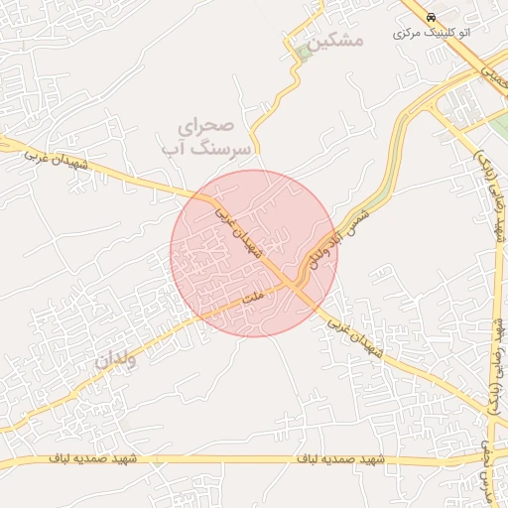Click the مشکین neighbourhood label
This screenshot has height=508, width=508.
(336, 41)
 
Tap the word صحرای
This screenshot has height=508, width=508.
(204, 128)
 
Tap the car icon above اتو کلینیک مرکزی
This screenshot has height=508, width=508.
(432, 18)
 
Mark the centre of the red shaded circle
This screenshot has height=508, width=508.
(253, 253)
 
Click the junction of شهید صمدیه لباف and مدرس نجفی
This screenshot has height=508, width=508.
(486, 458)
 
